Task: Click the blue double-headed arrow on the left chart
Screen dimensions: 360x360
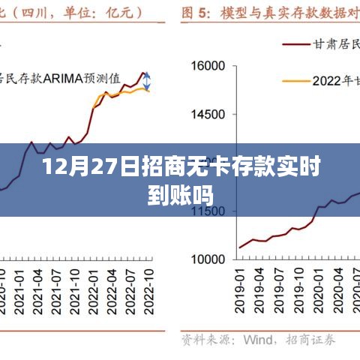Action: pos(148,81)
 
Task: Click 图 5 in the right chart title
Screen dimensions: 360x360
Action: pos(193,13)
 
